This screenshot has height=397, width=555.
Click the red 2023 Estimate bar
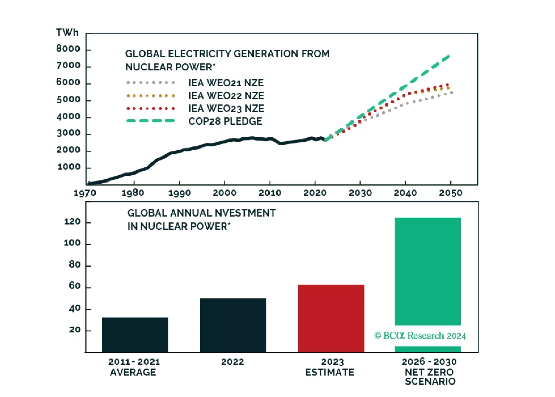click(331, 318)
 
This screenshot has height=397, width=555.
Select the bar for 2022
click(233, 325)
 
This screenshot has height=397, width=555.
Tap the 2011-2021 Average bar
click(135, 335)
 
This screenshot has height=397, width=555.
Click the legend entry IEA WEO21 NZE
click(226, 83)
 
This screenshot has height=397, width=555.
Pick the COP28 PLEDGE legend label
click(225, 121)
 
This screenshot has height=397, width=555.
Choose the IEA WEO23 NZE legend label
click(226, 108)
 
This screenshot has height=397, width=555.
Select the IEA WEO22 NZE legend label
click(226, 95)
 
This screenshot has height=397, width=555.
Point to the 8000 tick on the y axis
click(68, 49)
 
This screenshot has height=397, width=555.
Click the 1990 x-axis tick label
click(179, 193)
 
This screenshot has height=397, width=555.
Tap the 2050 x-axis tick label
click(450, 193)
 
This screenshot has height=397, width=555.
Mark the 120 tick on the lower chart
click(72, 222)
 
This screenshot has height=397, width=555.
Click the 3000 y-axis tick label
click(68, 133)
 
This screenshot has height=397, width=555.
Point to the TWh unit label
click(67, 33)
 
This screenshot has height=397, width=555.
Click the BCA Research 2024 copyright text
click(420, 336)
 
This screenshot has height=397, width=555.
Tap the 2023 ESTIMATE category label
click(330, 367)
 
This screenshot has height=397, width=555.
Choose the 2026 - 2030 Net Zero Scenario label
click(430, 371)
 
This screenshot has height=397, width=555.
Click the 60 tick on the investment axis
click(75, 286)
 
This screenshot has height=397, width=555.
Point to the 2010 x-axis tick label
click(270, 193)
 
